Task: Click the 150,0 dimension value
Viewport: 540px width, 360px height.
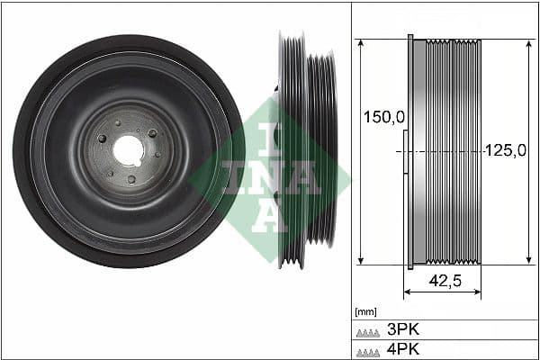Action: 381,117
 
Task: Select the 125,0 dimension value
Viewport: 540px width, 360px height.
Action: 505,151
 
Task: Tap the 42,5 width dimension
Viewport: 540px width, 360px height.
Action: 443,281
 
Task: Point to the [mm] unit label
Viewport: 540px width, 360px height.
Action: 365,311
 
